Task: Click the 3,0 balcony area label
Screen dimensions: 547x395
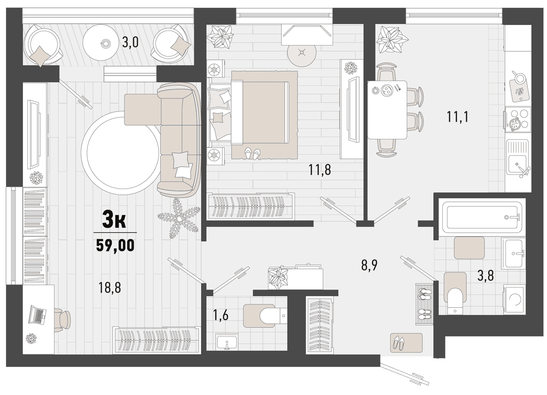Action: [x=130, y=42]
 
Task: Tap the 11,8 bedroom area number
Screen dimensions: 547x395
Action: [x=320, y=169]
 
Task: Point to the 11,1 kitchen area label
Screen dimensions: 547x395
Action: [x=458, y=117]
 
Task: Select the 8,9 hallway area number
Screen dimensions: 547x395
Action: [x=369, y=265]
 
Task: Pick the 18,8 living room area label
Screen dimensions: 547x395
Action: [x=110, y=287]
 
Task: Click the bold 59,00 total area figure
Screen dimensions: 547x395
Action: [x=115, y=245]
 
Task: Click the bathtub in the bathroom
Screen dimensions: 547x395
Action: [x=482, y=217]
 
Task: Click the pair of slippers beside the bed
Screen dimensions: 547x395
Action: [x=252, y=154]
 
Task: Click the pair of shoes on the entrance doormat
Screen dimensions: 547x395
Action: [x=398, y=343]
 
